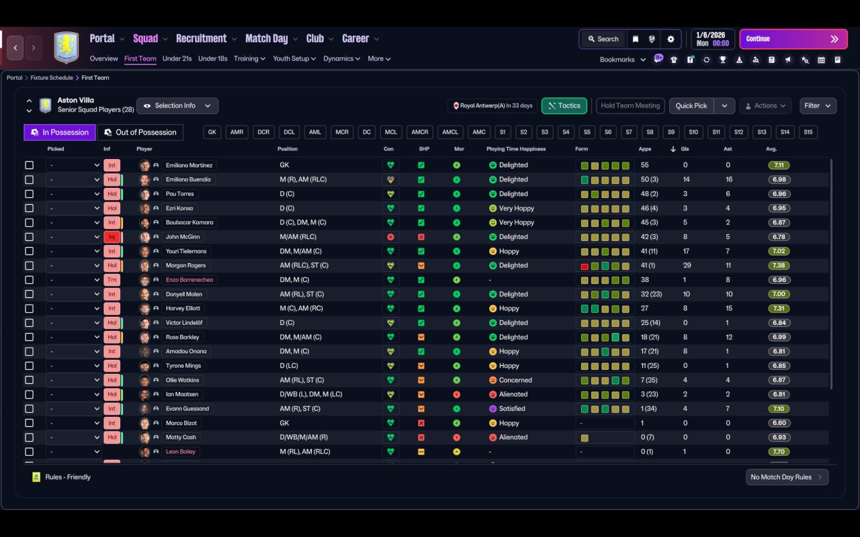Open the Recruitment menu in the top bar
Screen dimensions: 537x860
point(202,39)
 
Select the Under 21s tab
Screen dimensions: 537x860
point(177,58)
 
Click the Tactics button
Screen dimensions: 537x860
point(564,105)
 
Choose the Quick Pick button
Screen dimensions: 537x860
point(691,105)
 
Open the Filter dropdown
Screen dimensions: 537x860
point(818,105)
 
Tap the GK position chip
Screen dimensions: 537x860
point(212,132)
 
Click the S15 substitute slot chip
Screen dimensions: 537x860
point(808,132)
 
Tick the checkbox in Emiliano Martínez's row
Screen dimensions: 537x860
point(29,165)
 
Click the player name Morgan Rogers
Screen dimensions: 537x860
point(185,265)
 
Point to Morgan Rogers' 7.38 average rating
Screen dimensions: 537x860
point(779,265)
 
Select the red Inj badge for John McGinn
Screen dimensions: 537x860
point(112,237)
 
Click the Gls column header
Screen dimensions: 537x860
point(685,149)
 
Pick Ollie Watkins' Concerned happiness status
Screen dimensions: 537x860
point(515,380)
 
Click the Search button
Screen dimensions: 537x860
point(602,39)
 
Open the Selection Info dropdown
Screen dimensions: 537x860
point(177,105)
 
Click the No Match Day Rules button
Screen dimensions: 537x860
point(787,477)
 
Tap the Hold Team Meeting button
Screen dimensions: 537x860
point(630,105)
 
